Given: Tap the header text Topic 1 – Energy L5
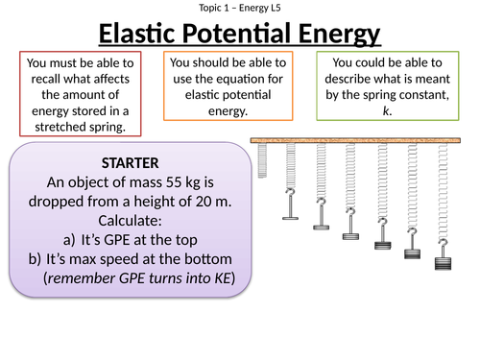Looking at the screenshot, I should point(240,8).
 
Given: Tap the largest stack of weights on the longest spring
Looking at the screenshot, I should point(442,263).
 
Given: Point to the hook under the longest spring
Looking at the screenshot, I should point(442,244).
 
